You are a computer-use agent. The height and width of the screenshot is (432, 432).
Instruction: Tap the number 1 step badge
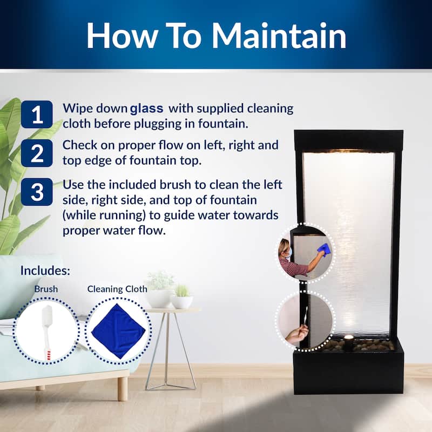click(x=37, y=114)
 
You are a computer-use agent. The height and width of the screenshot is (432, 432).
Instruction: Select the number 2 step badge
click(x=37, y=153)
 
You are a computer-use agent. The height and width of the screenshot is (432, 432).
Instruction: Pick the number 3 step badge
click(x=37, y=192)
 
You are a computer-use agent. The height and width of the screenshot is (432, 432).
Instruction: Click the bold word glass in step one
click(x=146, y=107)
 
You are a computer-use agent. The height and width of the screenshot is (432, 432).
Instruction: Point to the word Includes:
click(x=45, y=271)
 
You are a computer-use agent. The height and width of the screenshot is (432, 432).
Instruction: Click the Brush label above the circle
click(x=46, y=289)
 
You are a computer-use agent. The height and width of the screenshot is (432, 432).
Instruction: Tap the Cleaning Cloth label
click(x=117, y=289)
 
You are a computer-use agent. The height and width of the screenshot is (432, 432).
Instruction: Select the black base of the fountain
click(x=348, y=373)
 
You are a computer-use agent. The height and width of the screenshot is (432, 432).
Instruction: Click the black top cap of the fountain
click(x=348, y=140)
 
